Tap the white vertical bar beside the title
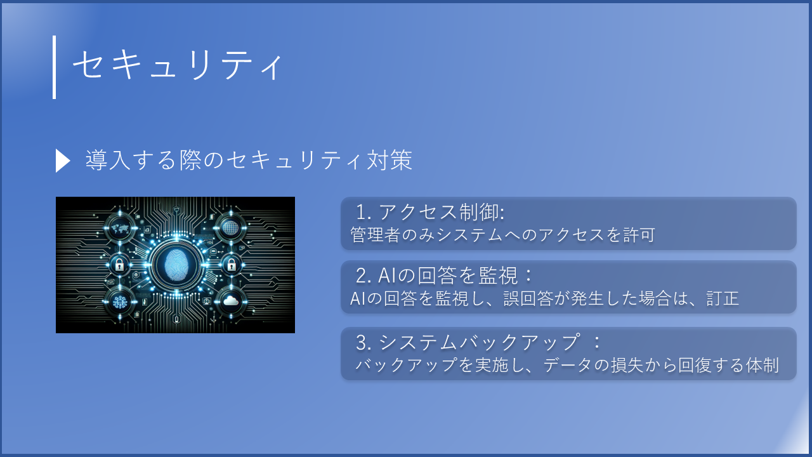(x=54, y=67)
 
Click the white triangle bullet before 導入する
(x=62, y=161)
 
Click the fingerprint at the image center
(x=176, y=264)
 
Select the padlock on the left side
(x=119, y=264)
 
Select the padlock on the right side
(x=232, y=264)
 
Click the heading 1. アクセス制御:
(x=430, y=212)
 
